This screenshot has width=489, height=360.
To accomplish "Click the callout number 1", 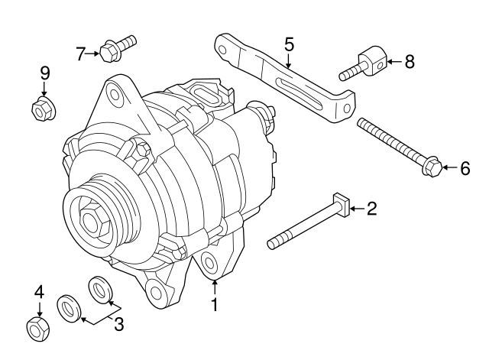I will pos(215,305).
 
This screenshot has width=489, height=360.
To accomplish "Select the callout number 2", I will pos(372,208).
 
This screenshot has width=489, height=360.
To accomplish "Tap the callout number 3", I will pos(118,324).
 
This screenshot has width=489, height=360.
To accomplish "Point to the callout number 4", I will pos(39,291).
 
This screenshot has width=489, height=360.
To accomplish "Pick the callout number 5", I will pos(289,44).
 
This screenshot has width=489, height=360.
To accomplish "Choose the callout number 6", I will pos(465,169).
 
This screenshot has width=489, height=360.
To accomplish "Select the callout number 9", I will pos(44,73).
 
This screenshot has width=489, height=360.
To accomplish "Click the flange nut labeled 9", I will pos(42,109).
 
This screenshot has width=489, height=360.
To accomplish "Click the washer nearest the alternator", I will pos(100,289).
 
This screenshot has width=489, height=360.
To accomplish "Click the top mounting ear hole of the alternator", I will pos(115,95).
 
